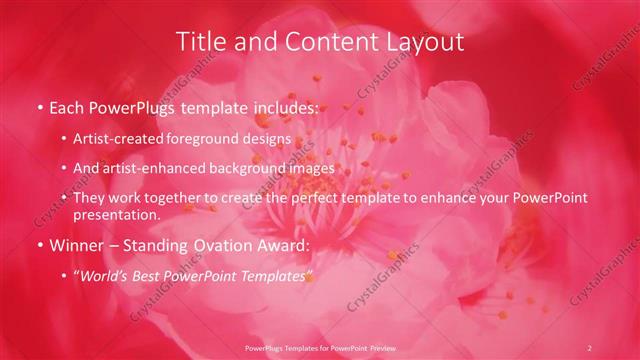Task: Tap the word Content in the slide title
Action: point(323,41)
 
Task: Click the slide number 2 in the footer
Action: point(589,347)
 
